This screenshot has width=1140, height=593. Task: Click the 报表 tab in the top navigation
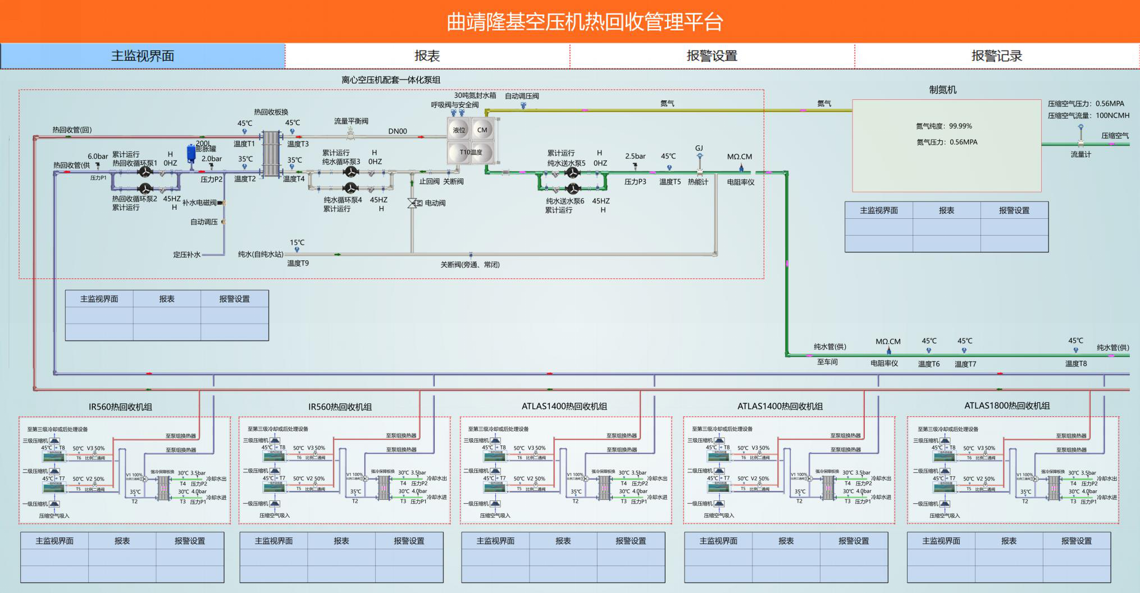pos(427,56)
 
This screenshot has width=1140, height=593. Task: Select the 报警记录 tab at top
pos(996,56)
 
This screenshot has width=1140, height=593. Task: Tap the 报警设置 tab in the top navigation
pos(712,56)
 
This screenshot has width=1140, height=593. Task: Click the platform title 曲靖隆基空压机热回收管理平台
pos(585,22)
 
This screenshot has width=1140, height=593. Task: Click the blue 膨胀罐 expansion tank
pos(191,152)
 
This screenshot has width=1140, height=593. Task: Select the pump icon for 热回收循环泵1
pos(145,171)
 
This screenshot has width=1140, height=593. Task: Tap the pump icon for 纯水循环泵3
pos(351,172)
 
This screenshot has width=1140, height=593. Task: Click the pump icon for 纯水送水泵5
pos(572,172)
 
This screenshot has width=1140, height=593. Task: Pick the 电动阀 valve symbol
pos(414,203)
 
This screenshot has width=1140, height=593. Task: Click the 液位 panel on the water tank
pos(459,130)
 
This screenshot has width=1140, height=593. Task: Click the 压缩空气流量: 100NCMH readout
pos(1088,116)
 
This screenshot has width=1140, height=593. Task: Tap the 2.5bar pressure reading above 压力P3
pos(635,157)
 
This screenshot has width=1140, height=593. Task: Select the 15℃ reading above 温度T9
pos(297,243)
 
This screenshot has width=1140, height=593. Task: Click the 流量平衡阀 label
pos(351,121)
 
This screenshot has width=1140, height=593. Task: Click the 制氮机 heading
pos(942,90)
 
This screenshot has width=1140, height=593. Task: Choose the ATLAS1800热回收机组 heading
pos(1006,406)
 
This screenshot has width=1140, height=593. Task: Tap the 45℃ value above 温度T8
pos(1075,341)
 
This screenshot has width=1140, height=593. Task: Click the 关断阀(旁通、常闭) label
pos(469,265)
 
